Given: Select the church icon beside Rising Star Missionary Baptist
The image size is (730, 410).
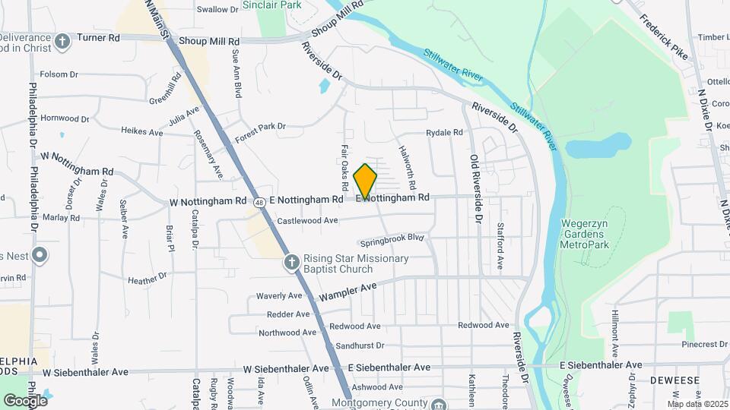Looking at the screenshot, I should pyautogui.click(x=290, y=263).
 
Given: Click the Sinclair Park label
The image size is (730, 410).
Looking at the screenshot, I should pyautogui.click(x=271, y=5).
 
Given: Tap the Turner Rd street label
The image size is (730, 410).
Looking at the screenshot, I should pyautogui.click(x=103, y=36).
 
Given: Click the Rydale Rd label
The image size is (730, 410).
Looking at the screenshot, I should pyautogui.click(x=444, y=132).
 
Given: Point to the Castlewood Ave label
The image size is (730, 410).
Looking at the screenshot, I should pyautogui.click(x=307, y=221).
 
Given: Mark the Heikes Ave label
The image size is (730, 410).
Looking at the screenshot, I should pyautogui.click(x=142, y=131).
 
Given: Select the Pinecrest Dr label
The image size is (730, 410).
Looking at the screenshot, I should pyautogui.click(x=703, y=344).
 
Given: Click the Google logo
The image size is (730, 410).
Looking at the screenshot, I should pyautogui.click(x=25, y=400).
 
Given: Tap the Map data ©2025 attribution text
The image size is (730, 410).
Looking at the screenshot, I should pyautogui.click(x=697, y=404).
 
